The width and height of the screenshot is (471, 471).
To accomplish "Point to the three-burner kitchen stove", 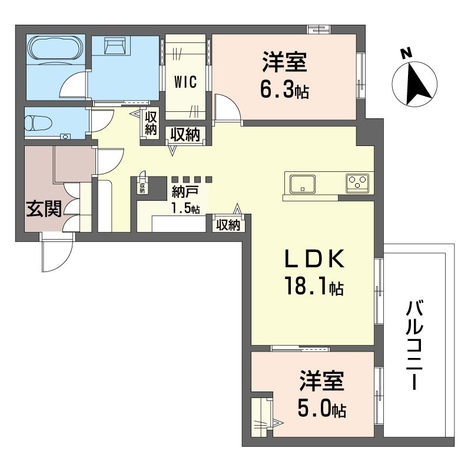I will point(357,183).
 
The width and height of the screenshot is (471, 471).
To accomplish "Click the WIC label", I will point(185,82).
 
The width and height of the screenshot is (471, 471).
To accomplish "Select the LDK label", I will point(313,260).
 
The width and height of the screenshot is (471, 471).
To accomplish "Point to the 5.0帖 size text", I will point(321,408).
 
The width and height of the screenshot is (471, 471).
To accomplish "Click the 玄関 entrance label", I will point(44,209).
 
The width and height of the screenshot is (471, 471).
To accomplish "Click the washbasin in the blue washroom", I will point(117,45).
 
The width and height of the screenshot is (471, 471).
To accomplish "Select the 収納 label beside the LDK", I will point(227,224).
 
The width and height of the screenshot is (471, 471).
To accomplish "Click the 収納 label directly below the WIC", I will point(184,135).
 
